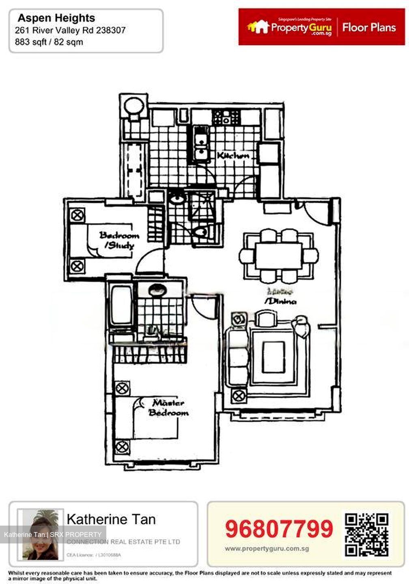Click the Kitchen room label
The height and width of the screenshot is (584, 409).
(233, 155)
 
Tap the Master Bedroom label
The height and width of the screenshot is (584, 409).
(168, 408)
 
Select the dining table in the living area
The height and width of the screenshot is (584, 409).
(278, 256)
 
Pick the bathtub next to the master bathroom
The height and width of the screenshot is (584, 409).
(121, 305)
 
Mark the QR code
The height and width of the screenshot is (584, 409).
(367, 534)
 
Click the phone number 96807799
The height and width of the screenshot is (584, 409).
(279, 529)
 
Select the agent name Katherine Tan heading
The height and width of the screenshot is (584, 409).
(111, 520)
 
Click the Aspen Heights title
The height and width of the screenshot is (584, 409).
(56, 18)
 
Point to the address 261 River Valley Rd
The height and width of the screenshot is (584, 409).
(70, 30)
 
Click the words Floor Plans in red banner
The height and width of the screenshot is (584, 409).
(369, 28)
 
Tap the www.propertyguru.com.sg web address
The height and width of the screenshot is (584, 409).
(267, 549)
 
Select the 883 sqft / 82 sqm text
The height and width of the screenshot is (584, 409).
(49, 42)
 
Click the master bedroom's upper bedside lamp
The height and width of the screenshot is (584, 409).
(122, 388)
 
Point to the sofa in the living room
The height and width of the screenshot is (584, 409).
(237, 357)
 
